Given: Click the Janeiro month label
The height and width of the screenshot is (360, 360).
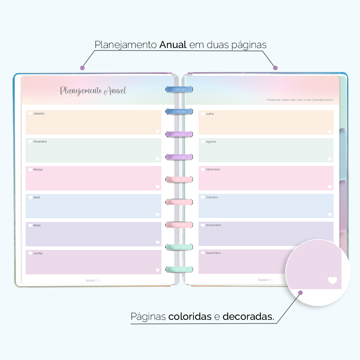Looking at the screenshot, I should [x=39, y=114].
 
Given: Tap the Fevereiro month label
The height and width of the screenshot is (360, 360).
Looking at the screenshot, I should [x=40, y=142].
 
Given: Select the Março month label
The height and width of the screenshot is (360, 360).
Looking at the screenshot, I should [x=38, y=169].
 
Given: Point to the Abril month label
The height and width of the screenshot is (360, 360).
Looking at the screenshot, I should [x=37, y=197].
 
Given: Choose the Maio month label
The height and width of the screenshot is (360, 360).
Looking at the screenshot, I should [x=37, y=225].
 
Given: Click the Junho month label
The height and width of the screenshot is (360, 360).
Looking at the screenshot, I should [x=38, y=253].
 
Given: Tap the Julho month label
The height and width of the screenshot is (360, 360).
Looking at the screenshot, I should [x=210, y=114].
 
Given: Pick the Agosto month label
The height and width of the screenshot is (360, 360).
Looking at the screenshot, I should [x=211, y=142].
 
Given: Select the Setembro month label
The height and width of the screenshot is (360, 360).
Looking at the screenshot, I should [x=213, y=169].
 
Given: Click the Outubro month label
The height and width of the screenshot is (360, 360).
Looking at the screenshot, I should [x=212, y=197].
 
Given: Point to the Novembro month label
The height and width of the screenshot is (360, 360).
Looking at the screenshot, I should [x=213, y=225].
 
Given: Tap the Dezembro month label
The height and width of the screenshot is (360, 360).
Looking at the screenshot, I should [x=213, y=253].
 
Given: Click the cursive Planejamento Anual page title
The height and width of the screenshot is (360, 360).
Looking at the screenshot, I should [x=93, y=91].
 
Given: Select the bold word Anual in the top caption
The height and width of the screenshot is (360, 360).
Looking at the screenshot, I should [x=173, y=45].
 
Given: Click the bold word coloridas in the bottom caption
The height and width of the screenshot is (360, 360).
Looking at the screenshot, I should [x=190, y=316].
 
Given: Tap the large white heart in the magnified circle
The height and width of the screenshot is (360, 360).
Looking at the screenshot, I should [x=332, y=280].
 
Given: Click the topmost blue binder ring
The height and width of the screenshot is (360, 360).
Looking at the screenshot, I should [x=179, y=89].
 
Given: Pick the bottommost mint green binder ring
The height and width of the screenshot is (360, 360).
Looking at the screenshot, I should [x=179, y=269].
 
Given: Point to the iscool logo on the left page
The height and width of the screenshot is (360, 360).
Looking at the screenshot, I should [x=93, y=280].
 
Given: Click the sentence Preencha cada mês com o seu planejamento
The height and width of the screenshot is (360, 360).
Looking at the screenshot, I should [x=300, y=100].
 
